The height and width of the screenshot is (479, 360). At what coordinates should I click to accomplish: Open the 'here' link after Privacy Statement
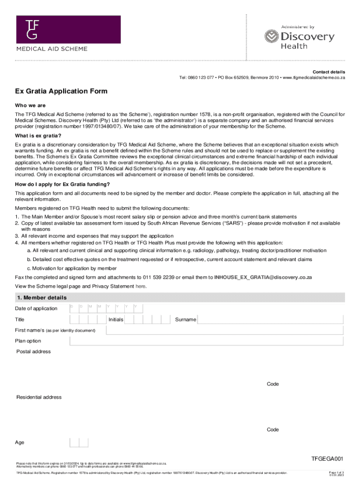pyautogui.click(x=141, y=286)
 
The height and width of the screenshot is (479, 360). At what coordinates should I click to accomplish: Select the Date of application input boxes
pyautogui.click(x=106, y=308)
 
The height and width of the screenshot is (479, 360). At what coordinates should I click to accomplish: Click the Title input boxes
pyautogui.click(x=88, y=319)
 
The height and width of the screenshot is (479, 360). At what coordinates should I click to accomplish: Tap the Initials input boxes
pyautogui.click(x=149, y=319)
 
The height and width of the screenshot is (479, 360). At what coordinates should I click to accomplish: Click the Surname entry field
pyautogui.click(x=271, y=319)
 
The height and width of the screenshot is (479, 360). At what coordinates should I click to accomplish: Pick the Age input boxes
pyautogui.click(x=79, y=443)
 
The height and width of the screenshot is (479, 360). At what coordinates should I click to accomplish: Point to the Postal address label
pyautogui.click(x=34, y=352)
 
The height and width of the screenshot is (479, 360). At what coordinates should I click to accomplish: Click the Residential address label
pyautogui.click(x=39, y=397)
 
